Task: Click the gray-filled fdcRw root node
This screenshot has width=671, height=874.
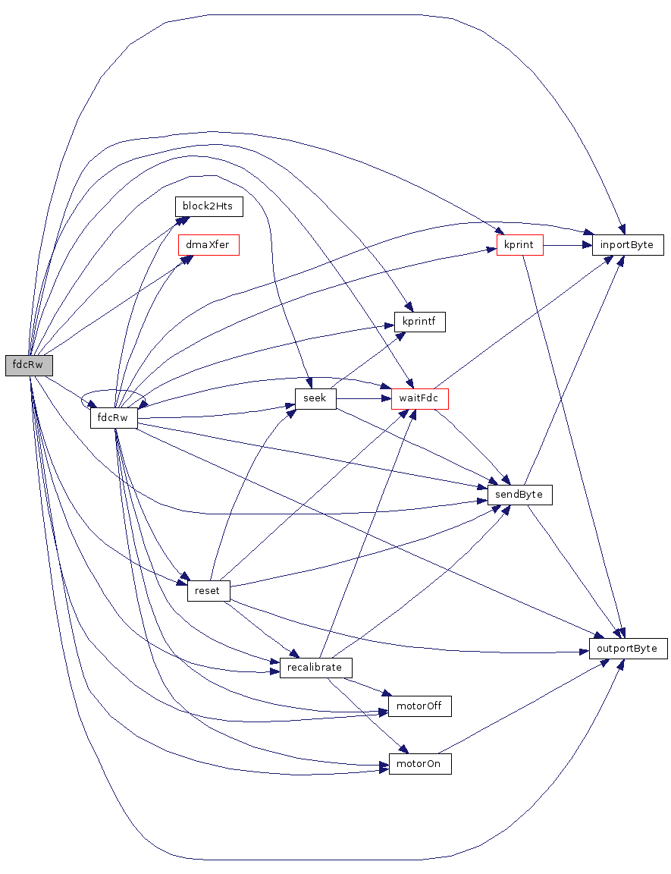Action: (x=29, y=365)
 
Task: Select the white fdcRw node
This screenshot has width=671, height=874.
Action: (x=113, y=418)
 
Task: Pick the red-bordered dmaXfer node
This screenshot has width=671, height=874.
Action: (x=208, y=245)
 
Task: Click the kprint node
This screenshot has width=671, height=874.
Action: (x=519, y=245)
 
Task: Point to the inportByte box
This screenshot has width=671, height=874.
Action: (x=627, y=245)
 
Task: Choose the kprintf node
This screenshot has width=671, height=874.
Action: (x=419, y=322)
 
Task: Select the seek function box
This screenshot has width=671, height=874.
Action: (x=315, y=398)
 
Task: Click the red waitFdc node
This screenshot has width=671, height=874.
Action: (x=419, y=398)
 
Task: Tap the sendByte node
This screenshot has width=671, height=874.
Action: (x=519, y=495)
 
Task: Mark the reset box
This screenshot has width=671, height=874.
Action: (x=208, y=591)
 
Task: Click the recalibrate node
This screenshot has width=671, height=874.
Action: (x=315, y=668)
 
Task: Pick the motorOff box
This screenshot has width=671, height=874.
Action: (x=419, y=706)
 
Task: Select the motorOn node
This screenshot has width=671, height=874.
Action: (x=419, y=763)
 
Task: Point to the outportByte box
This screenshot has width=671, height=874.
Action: (x=628, y=649)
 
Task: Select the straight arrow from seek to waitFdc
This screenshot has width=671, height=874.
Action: (x=363, y=398)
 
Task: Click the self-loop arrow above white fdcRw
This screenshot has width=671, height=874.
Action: (x=114, y=392)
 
